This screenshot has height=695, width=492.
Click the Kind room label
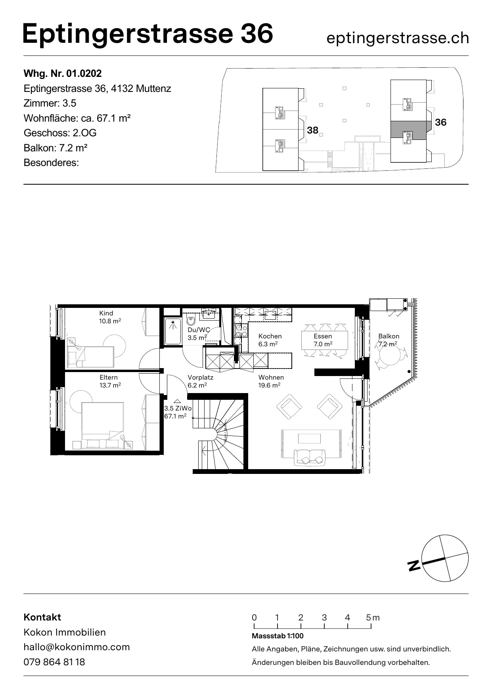point(106,313)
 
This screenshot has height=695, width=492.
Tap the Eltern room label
point(109,378)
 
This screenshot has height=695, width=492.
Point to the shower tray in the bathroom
point(172,331)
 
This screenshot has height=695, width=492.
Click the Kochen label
point(270,336)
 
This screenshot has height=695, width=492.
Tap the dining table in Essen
point(325,340)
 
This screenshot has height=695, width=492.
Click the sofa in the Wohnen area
point(310,457)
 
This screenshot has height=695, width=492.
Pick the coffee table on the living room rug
point(310,438)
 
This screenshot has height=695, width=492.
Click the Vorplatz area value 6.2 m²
point(197,385)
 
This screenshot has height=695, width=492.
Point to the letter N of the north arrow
point(414,565)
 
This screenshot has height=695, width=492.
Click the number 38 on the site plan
point(313,130)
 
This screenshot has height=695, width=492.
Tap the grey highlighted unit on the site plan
point(411,129)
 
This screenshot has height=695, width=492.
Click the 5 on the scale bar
point(368,617)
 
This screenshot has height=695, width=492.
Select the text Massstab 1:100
point(278,636)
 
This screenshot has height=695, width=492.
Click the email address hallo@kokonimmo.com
point(77,647)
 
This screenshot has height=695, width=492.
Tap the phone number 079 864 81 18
point(54,662)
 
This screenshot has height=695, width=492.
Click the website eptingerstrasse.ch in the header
point(398,38)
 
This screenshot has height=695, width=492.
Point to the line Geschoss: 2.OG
point(60,133)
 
